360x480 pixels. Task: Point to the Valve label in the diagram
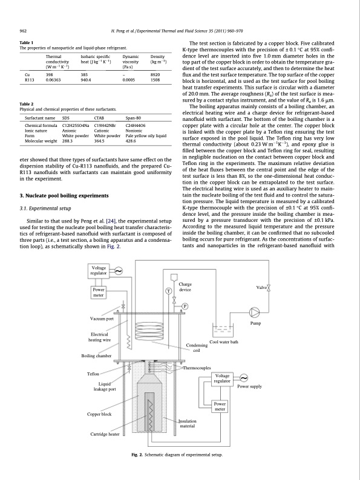point(261,287)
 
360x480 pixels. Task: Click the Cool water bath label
point(223,342)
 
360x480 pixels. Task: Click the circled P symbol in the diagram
point(185,306)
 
